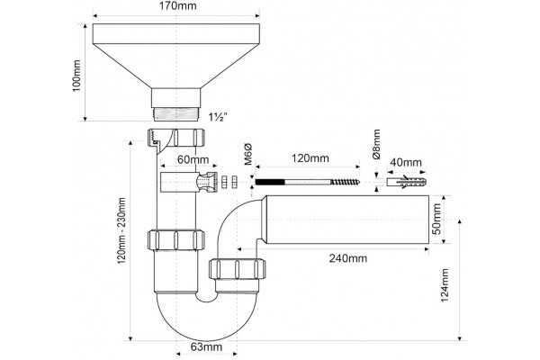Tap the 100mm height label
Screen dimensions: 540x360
pos(76,76)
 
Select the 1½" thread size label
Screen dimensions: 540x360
pos(218,117)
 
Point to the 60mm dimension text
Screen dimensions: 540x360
pos(193,160)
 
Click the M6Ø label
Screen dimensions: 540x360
pos(248,155)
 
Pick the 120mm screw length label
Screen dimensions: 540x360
pos(310,158)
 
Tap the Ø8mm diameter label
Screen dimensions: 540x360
pos(376,144)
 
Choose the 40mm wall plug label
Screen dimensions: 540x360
pos(406,162)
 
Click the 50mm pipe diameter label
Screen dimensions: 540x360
pos(436,219)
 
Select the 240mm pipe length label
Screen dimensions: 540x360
pos(348,258)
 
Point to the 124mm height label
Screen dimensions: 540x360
pos(445,285)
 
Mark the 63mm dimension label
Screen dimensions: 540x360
pos(206,346)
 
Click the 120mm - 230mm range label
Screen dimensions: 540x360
pos(121,230)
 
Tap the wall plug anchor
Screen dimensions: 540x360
pos(407,182)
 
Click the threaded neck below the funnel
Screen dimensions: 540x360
pos(176,114)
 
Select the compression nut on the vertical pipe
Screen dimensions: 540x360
pos(176,239)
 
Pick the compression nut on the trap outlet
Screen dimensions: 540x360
pos(238,269)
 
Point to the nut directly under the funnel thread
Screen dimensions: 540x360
pos(176,137)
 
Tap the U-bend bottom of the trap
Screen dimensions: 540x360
pos(206,319)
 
